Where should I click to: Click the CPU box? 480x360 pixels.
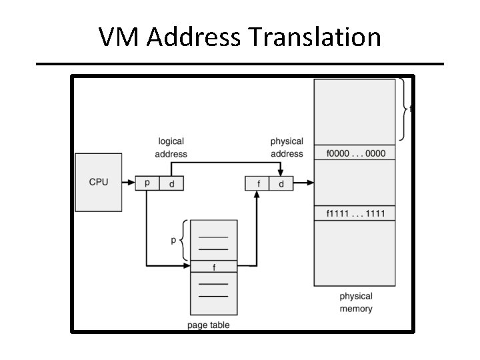click(x=98, y=181)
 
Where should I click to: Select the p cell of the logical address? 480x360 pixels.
click(x=147, y=183)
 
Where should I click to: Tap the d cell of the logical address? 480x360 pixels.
click(x=171, y=183)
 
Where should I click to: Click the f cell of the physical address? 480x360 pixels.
click(x=257, y=183)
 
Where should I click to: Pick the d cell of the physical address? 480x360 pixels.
click(x=281, y=183)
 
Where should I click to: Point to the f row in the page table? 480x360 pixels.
click(x=213, y=267)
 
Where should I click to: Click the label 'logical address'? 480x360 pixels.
click(x=171, y=147)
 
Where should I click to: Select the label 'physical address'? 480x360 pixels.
click(x=287, y=147)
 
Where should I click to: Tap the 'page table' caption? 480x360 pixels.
click(x=209, y=325)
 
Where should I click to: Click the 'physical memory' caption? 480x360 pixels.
click(x=356, y=302)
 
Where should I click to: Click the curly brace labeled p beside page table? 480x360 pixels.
click(x=184, y=240)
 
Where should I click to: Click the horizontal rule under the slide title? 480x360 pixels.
click(x=240, y=64)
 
